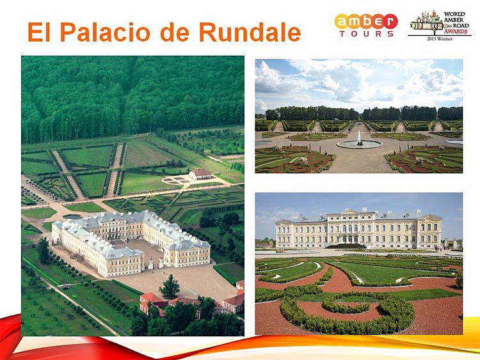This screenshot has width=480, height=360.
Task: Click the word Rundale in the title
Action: pyautogui.click(x=250, y=31)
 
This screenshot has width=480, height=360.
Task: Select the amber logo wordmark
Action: pyautogui.click(x=366, y=21)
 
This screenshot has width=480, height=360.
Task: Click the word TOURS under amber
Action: pyautogui.click(x=367, y=34)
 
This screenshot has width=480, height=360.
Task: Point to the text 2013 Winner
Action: pyautogui.click(x=440, y=39)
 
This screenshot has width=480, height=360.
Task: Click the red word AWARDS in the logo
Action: pyautogui.click(x=456, y=31)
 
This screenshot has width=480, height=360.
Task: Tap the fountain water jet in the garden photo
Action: pyautogui.click(x=360, y=137)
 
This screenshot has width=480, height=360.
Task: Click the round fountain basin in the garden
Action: pyautogui.click(x=360, y=144)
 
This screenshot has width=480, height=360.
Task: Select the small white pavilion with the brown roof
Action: pyautogui.click(x=200, y=174)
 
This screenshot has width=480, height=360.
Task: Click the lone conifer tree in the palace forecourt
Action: pyautogui.click(x=170, y=286)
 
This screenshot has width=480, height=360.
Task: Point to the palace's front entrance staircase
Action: pyautogui.click(x=346, y=246)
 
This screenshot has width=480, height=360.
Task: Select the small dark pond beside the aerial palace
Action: pyautogui.click(x=72, y=217)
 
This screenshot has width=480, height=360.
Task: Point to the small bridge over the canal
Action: pyautogui.click(x=65, y=286)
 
